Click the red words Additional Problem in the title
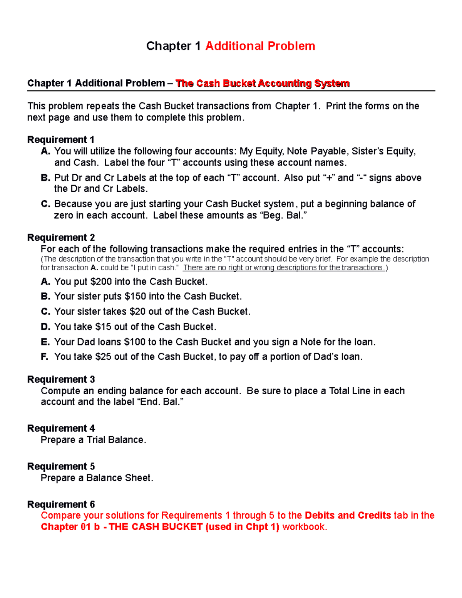(260, 46)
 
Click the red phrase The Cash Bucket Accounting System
(262, 84)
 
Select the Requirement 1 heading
(61, 140)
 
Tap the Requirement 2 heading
(61, 238)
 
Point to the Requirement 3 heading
(61, 380)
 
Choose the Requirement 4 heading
(61, 429)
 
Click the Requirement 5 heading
(61, 467)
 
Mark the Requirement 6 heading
(61, 504)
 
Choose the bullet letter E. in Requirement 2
(45, 342)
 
